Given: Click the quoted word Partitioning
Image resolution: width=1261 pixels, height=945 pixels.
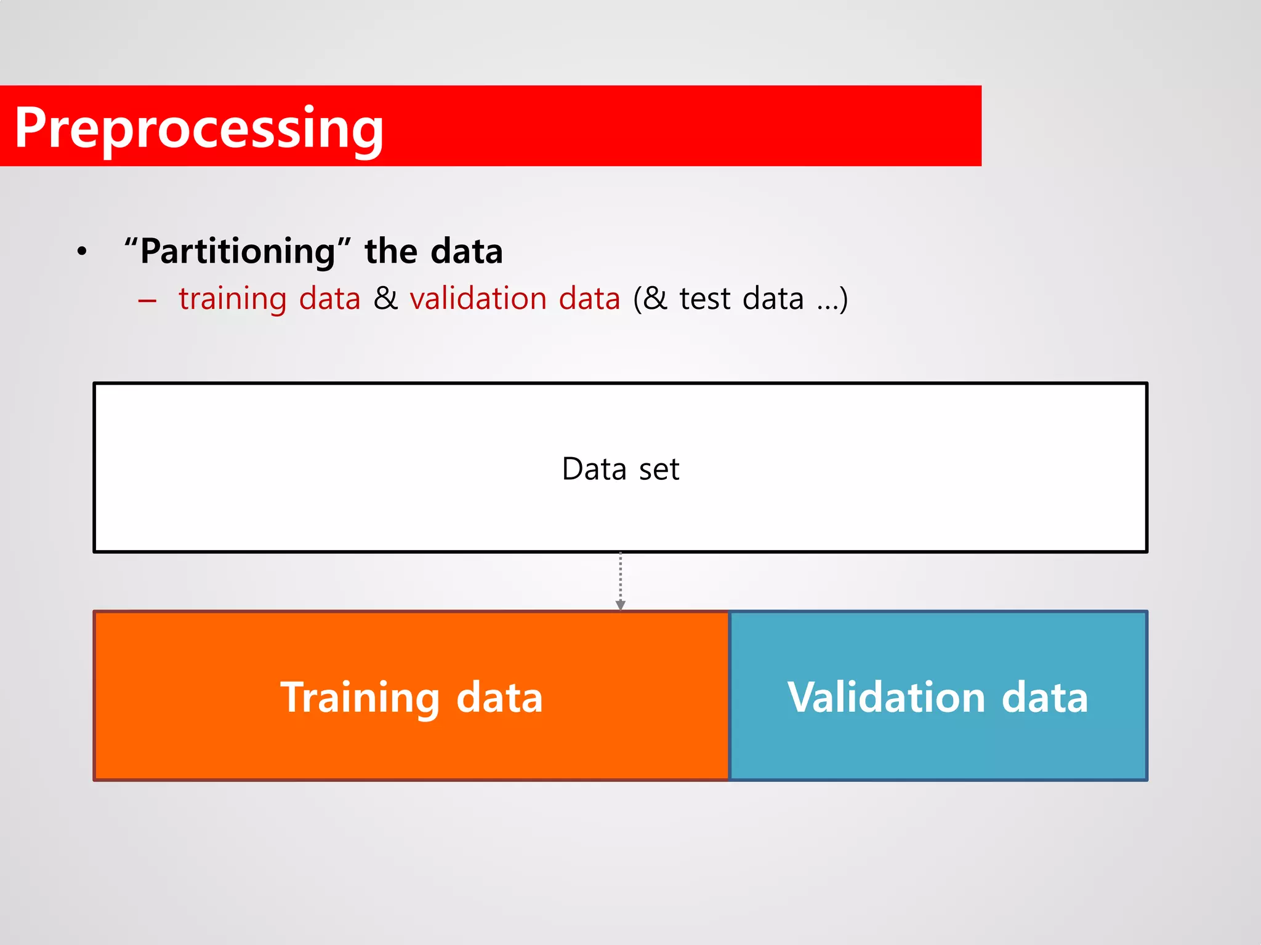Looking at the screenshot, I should [237, 252].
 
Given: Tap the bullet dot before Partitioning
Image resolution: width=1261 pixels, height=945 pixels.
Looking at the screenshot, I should [82, 252].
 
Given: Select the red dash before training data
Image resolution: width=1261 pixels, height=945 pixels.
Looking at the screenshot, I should [147, 301].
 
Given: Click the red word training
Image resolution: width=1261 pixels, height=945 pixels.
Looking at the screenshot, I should [233, 299].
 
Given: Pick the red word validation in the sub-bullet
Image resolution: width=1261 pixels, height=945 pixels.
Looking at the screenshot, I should [478, 299].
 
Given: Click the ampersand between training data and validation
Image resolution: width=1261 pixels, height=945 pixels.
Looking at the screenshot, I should [385, 299].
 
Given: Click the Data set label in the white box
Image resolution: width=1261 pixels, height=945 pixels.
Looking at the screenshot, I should [620, 469].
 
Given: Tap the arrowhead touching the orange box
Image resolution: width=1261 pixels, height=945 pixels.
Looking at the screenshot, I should [620, 605].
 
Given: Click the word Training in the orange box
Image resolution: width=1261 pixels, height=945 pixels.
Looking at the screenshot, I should [360, 698].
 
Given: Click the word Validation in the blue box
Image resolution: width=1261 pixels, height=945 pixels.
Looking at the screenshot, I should [886, 698].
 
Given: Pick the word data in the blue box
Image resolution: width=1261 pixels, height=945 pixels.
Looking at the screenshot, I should [1045, 698].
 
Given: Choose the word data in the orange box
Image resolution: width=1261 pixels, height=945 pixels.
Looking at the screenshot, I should [499, 698].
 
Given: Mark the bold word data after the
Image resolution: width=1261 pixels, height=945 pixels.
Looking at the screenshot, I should [466, 252].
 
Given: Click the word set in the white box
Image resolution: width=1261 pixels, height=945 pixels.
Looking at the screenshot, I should [659, 470].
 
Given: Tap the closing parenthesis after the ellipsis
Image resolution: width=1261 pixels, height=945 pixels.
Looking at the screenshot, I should [844, 300].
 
